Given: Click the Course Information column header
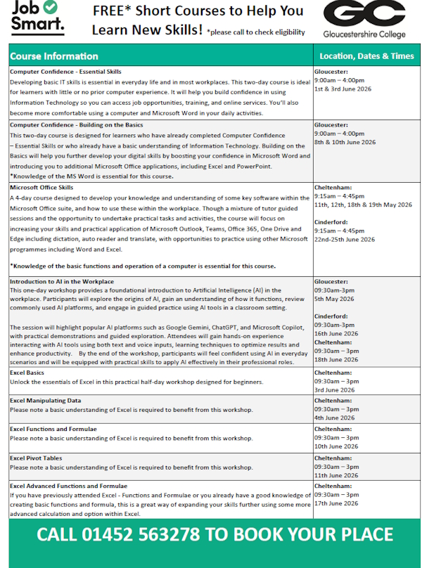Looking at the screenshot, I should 54,56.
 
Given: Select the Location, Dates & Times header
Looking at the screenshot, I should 366,56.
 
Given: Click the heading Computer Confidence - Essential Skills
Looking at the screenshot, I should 65,72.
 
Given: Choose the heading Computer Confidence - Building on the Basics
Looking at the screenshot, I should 76,124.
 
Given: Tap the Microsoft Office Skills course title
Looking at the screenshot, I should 41,188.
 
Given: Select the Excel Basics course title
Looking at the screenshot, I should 27,373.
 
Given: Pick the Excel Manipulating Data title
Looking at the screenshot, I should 45,401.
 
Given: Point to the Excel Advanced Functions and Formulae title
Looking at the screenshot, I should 68,486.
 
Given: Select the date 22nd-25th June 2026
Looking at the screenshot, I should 345,239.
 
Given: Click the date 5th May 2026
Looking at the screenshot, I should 334,299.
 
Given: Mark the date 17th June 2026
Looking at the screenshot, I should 336,503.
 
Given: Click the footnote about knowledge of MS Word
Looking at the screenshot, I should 91,175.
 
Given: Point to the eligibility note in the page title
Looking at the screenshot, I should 256,32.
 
